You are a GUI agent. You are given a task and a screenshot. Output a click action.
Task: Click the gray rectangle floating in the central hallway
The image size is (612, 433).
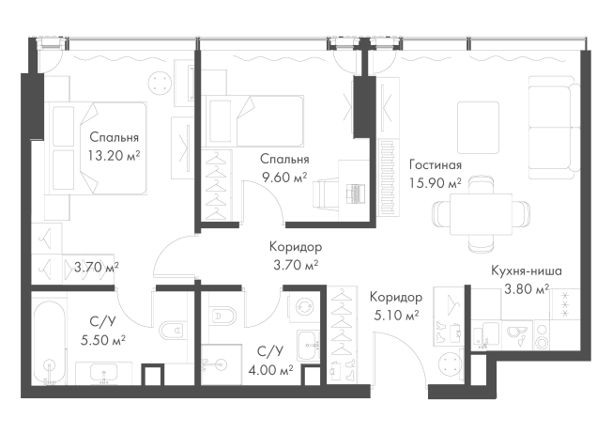click(x=294, y=254)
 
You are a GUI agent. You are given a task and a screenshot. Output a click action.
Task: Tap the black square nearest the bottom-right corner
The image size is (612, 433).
click(x=567, y=334)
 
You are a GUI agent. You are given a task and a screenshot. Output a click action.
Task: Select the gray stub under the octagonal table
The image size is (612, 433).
click(x=480, y=249)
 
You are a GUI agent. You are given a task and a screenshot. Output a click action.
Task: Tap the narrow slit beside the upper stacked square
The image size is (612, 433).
click(x=574, y=104)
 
